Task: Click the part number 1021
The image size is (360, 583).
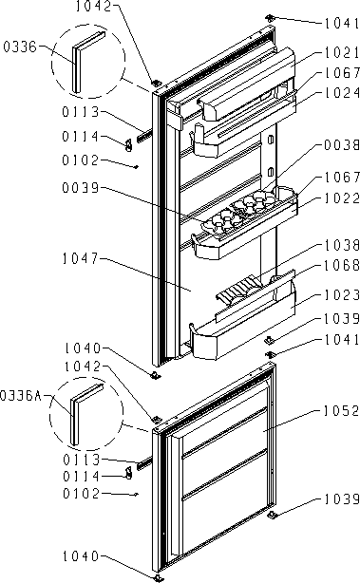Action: coord(342,52)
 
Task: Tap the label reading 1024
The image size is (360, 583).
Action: coord(342,93)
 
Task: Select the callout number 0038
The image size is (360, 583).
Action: coord(342,144)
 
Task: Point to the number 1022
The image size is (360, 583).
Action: coord(342,197)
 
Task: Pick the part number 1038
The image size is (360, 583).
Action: coord(342,245)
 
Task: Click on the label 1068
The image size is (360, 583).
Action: coord(342,265)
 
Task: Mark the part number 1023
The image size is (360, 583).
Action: coord(342,295)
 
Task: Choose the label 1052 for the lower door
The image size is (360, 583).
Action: coord(341,411)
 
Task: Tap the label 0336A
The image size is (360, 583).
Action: coord(21,396)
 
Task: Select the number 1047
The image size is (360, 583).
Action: coord(81,258)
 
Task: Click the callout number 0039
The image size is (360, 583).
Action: coord(81,188)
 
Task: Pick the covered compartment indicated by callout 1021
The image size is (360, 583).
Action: coord(245,86)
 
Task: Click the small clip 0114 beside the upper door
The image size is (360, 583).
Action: coord(128,144)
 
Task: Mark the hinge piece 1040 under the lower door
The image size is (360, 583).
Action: coord(159,577)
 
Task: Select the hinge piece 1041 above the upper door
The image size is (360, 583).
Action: coord(270,17)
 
